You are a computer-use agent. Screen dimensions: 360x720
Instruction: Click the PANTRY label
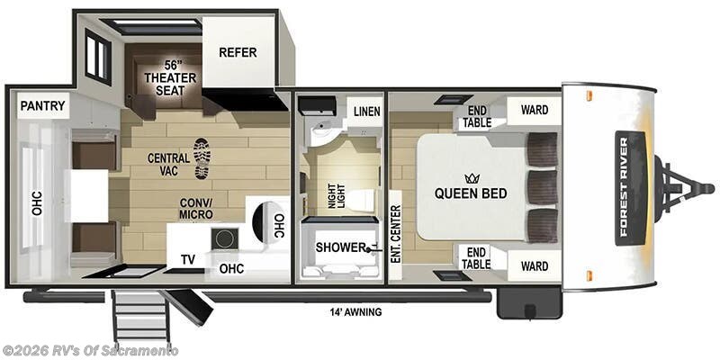[x=43, y=106]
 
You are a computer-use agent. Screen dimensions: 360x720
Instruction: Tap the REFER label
[x=238, y=52]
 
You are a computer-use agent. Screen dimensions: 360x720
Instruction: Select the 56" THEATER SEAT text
[x=163, y=77]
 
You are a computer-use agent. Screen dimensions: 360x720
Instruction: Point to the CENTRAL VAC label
[x=168, y=165]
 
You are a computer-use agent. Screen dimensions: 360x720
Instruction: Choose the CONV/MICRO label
[x=195, y=208]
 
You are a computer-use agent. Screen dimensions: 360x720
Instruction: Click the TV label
[x=187, y=260]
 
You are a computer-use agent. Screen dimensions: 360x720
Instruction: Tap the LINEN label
[x=366, y=112]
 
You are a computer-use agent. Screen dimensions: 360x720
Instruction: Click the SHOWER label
[x=341, y=247]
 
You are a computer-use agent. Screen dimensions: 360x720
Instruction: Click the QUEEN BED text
[x=471, y=193]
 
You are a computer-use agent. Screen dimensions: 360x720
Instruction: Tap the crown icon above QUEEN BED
[x=470, y=178]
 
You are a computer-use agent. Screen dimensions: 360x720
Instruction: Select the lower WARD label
[x=534, y=265]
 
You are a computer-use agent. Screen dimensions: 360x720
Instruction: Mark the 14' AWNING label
[x=355, y=312]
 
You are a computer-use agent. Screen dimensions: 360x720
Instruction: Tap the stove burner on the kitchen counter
[x=222, y=238]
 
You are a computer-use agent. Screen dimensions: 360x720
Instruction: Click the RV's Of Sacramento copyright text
[x=90, y=350]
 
